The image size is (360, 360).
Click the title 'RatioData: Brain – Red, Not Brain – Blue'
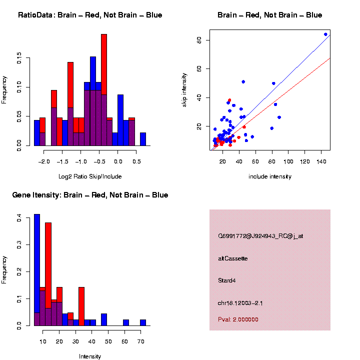click(x=90, y=15)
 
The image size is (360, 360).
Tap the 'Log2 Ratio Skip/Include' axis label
click(x=90, y=176)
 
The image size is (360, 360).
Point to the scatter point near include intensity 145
click(x=325, y=34)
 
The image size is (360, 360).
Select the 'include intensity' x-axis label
click(x=270, y=176)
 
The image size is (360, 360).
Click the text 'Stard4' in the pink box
click(x=227, y=280)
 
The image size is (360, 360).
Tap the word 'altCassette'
click(x=233, y=258)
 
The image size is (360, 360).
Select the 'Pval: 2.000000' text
click(x=238, y=319)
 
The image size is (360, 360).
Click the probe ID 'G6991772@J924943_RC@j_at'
click(x=260, y=236)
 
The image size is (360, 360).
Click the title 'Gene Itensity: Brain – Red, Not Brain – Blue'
click(x=90, y=195)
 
